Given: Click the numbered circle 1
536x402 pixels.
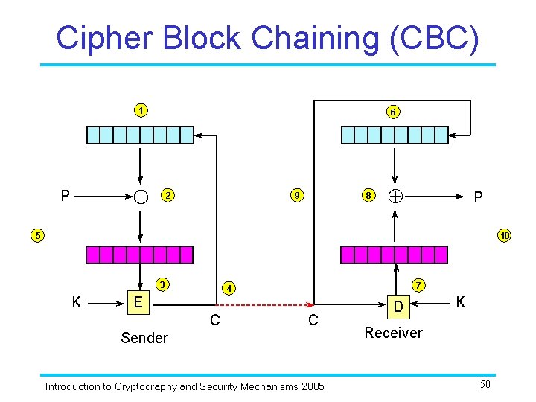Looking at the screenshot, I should click(140, 111).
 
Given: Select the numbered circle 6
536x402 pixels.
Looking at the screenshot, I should click(392, 112).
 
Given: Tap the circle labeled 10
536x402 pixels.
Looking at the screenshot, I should click(505, 236).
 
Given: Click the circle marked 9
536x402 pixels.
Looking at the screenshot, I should click(296, 196).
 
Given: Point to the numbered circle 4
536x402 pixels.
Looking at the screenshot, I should click(230, 287).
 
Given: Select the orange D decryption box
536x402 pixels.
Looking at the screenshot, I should click(399, 306).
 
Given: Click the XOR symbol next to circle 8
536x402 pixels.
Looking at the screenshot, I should click(395, 196).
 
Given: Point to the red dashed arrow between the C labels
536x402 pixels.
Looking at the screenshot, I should click(264, 305).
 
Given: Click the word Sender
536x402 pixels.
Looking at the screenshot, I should click(144, 338).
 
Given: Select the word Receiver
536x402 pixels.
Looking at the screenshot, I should click(393, 333).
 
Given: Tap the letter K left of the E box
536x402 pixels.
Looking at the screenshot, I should click(77, 302).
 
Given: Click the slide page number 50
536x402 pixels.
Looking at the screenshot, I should click(485, 384).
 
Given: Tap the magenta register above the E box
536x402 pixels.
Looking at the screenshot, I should click(139, 255).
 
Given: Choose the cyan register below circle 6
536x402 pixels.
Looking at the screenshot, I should click(392, 135).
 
